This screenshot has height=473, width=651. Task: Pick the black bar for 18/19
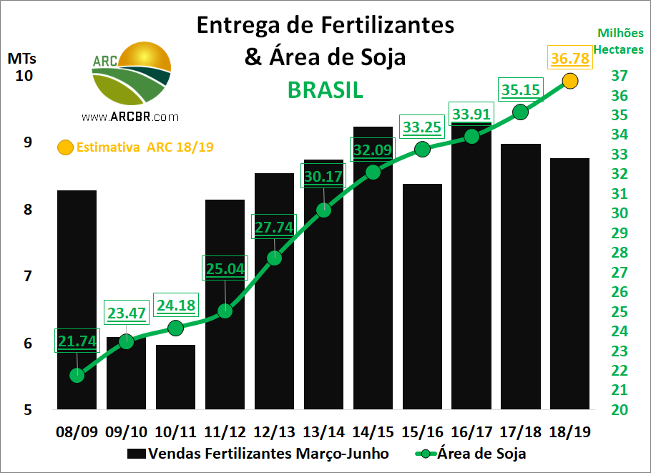(570, 286)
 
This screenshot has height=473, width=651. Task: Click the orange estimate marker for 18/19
(570, 81)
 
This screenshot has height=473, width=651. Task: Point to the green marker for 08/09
(77, 375)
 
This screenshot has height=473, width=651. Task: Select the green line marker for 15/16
(422, 149)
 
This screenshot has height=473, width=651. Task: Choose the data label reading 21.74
(77, 341)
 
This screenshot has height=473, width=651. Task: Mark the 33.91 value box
(471, 114)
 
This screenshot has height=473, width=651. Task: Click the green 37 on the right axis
(620, 76)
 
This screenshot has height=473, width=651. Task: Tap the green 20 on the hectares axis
(620, 410)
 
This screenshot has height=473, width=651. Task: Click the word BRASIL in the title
(325, 90)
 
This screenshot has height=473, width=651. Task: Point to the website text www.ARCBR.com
(129, 117)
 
